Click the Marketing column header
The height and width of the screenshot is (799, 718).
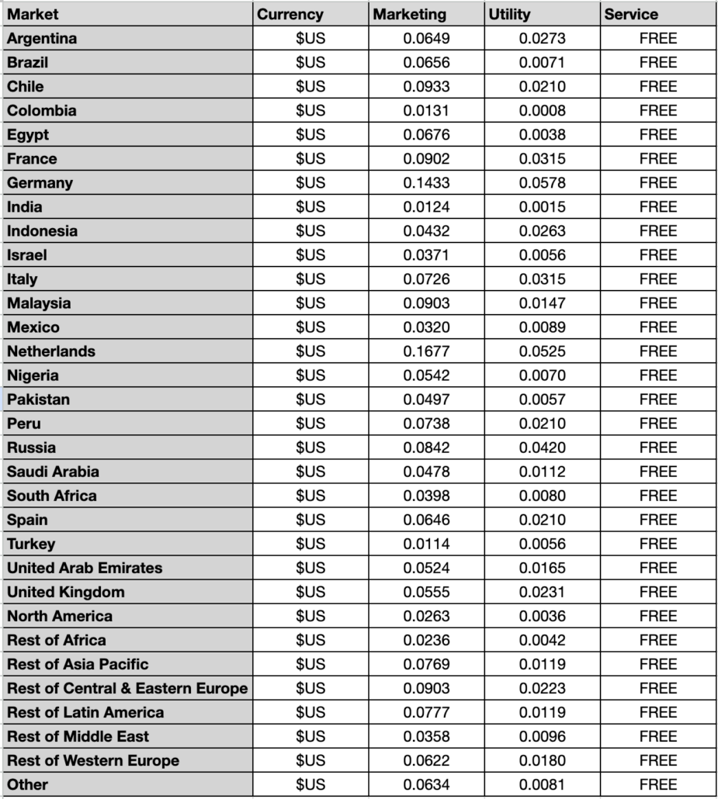(x=409, y=14)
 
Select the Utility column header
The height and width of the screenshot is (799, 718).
(x=510, y=14)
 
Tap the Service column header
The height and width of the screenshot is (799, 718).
(x=631, y=14)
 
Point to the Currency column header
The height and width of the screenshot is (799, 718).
(x=290, y=14)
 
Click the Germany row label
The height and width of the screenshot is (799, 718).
(x=40, y=183)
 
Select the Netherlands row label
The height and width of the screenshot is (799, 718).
(x=51, y=351)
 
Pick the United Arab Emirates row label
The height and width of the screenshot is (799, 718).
(x=85, y=568)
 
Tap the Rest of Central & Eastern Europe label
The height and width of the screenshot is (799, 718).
(x=127, y=688)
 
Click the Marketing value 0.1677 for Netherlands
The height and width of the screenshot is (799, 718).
(x=426, y=351)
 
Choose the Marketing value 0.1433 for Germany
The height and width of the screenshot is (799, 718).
(x=426, y=183)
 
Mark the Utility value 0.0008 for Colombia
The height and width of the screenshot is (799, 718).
(x=542, y=110)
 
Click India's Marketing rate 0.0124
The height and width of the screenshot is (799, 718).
(x=426, y=207)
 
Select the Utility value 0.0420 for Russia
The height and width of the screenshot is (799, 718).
(x=542, y=448)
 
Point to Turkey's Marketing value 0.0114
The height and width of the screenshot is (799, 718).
(x=426, y=544)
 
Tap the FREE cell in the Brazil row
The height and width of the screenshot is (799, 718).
(x=658, y=62)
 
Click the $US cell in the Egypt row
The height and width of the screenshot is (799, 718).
(x=310, y=134)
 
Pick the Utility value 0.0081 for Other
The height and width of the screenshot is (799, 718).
(x=542, y=784)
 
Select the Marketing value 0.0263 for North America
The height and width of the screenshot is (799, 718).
(x=426, y=616)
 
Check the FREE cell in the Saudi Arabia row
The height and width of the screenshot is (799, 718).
(x=658, y=472)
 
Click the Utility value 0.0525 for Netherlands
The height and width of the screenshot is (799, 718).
(x=542, y=351)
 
